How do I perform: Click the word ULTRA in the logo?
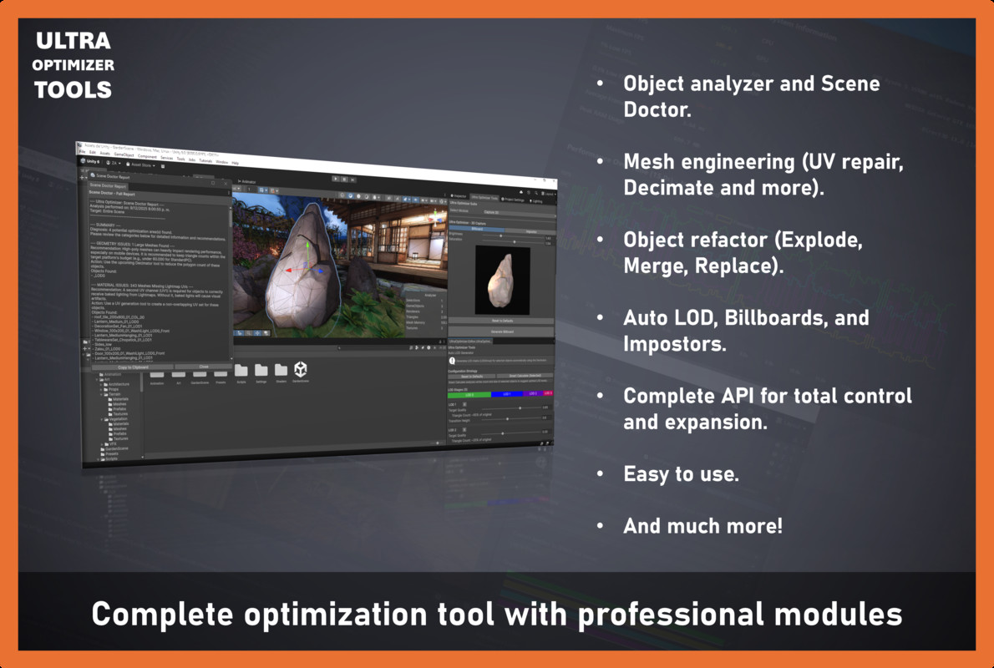click(73, 40)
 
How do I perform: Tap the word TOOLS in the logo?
click(73, 89)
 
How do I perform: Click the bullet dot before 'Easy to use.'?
click(599, 474)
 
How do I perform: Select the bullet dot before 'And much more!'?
click(599, 527)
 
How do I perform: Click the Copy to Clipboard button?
click(133, 367)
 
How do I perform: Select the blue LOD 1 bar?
click(507, 394)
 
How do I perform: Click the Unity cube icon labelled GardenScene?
click(300, 369)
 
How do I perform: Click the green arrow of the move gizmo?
click(309, 249)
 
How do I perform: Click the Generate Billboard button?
click(501, 331)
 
